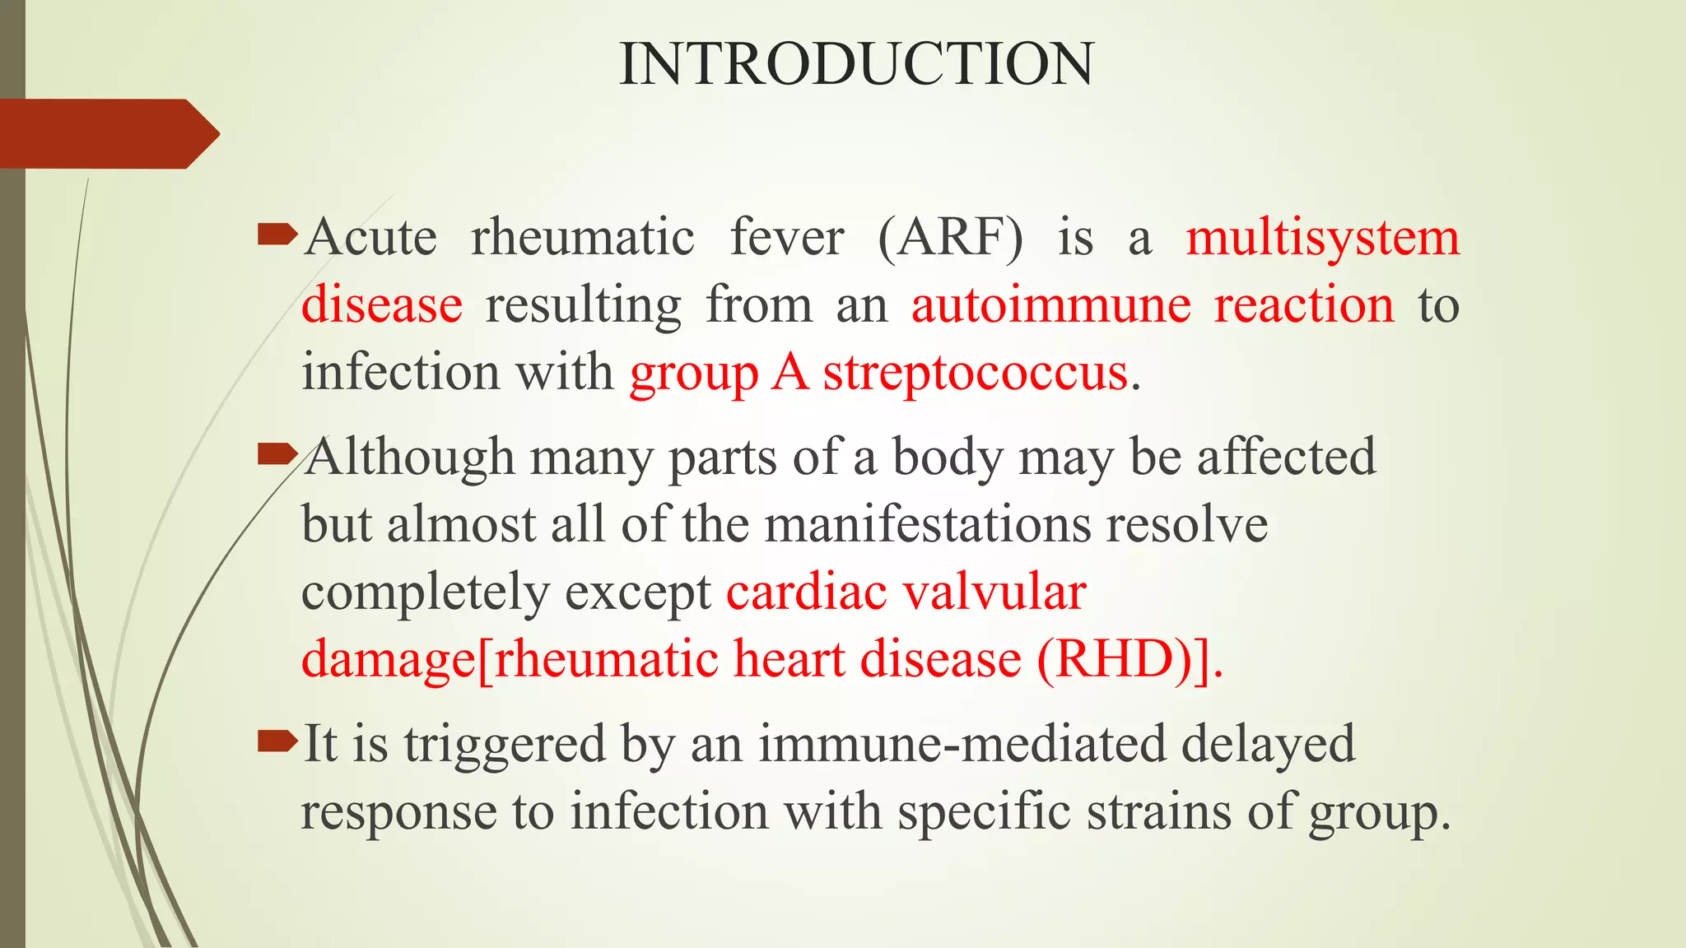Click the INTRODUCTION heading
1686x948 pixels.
(x=856, y=64)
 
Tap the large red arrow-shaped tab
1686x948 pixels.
(x=107, y=133)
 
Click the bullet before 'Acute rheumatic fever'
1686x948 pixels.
(x=277, y=236)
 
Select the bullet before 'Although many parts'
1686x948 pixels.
(x=277, y=453)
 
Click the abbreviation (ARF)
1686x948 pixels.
(x=951, y=239)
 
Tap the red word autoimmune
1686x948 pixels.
(x=1051, y=304)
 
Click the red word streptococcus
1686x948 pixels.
(x=976, y=373)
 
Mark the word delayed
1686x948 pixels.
(x=1268, y=743)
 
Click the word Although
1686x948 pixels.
(x=409, y=457)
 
